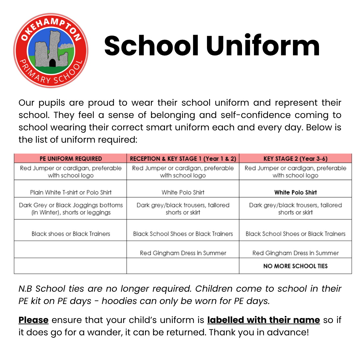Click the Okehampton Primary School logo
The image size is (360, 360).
51,50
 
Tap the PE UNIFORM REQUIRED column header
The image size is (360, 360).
71,159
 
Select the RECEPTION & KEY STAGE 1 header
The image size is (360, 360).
183,159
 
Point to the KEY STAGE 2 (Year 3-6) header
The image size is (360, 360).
295,159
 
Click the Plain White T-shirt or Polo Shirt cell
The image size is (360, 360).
71,192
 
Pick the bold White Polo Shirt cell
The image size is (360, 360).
295,192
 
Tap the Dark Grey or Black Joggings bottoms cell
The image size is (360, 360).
71,209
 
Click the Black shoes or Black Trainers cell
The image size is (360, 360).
71,234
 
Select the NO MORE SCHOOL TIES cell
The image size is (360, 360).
295,266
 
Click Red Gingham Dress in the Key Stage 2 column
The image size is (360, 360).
295,253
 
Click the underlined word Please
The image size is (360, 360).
33,320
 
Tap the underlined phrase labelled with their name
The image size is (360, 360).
263,320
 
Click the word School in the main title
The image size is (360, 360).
152,46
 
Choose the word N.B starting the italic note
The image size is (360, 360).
26,289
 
